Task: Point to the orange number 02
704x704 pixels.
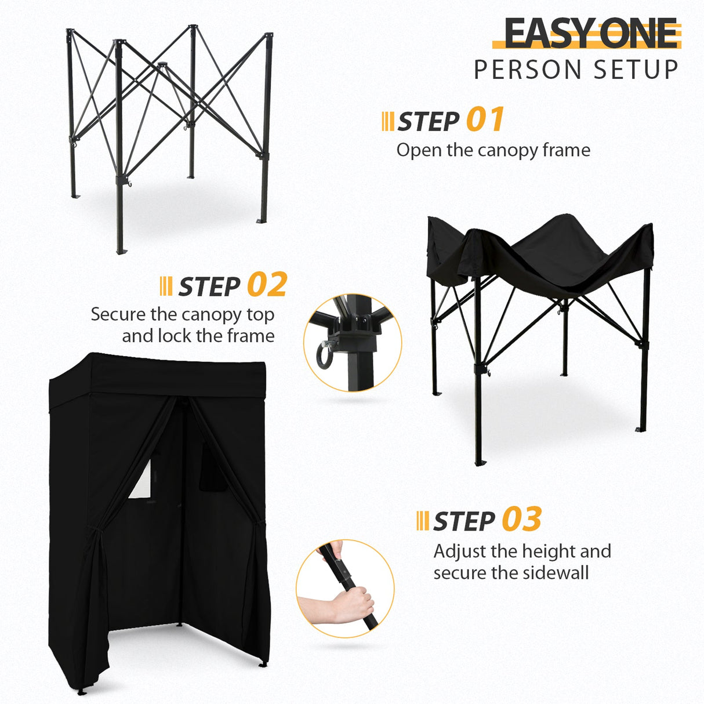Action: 267,285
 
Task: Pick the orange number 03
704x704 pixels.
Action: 521,519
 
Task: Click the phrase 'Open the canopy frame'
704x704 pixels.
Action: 493,150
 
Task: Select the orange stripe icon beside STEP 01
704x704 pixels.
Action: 388,121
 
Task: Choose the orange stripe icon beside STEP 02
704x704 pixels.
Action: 165,286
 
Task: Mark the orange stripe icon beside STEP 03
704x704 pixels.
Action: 423,520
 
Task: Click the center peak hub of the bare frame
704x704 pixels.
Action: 162,65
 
